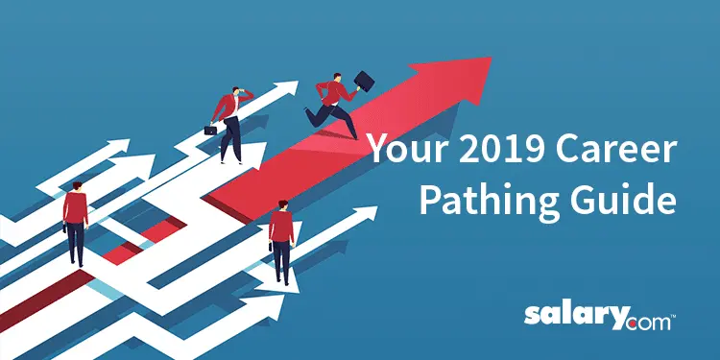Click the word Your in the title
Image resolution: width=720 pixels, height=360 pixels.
tap(404, 150)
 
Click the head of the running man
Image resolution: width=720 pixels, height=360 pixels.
tap(337, 78)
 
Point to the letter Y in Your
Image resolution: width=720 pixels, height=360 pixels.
tap(377, 150)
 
